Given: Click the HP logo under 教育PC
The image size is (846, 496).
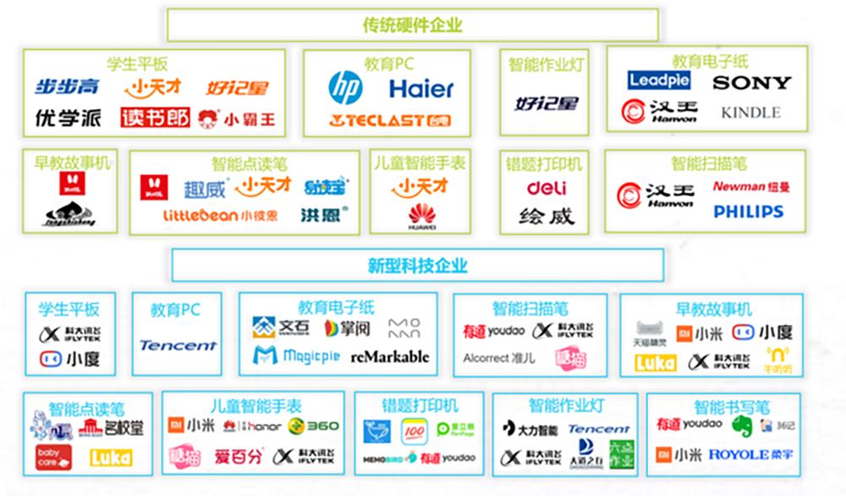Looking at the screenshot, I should tap(345, 87).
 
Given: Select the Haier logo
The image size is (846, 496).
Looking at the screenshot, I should tap(421, 88).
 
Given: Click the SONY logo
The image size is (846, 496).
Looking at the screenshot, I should tap(751, 83).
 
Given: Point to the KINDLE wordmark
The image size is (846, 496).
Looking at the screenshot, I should tap(750, 113).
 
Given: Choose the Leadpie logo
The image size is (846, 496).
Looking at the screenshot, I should tap(659, 81).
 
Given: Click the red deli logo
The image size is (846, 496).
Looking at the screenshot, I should tap(547, 188).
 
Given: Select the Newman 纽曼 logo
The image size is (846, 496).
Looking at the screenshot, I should tap(750, 187).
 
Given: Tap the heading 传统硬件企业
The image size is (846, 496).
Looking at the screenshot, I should tap(413, 25).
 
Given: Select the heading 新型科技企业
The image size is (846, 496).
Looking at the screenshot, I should tap(417, 265).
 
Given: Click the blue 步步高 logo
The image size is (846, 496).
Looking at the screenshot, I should tap(67, 86).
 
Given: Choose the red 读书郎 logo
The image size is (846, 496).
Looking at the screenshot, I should tap(154, 117).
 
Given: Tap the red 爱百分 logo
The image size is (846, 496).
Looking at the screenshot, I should tap(239, 458).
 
